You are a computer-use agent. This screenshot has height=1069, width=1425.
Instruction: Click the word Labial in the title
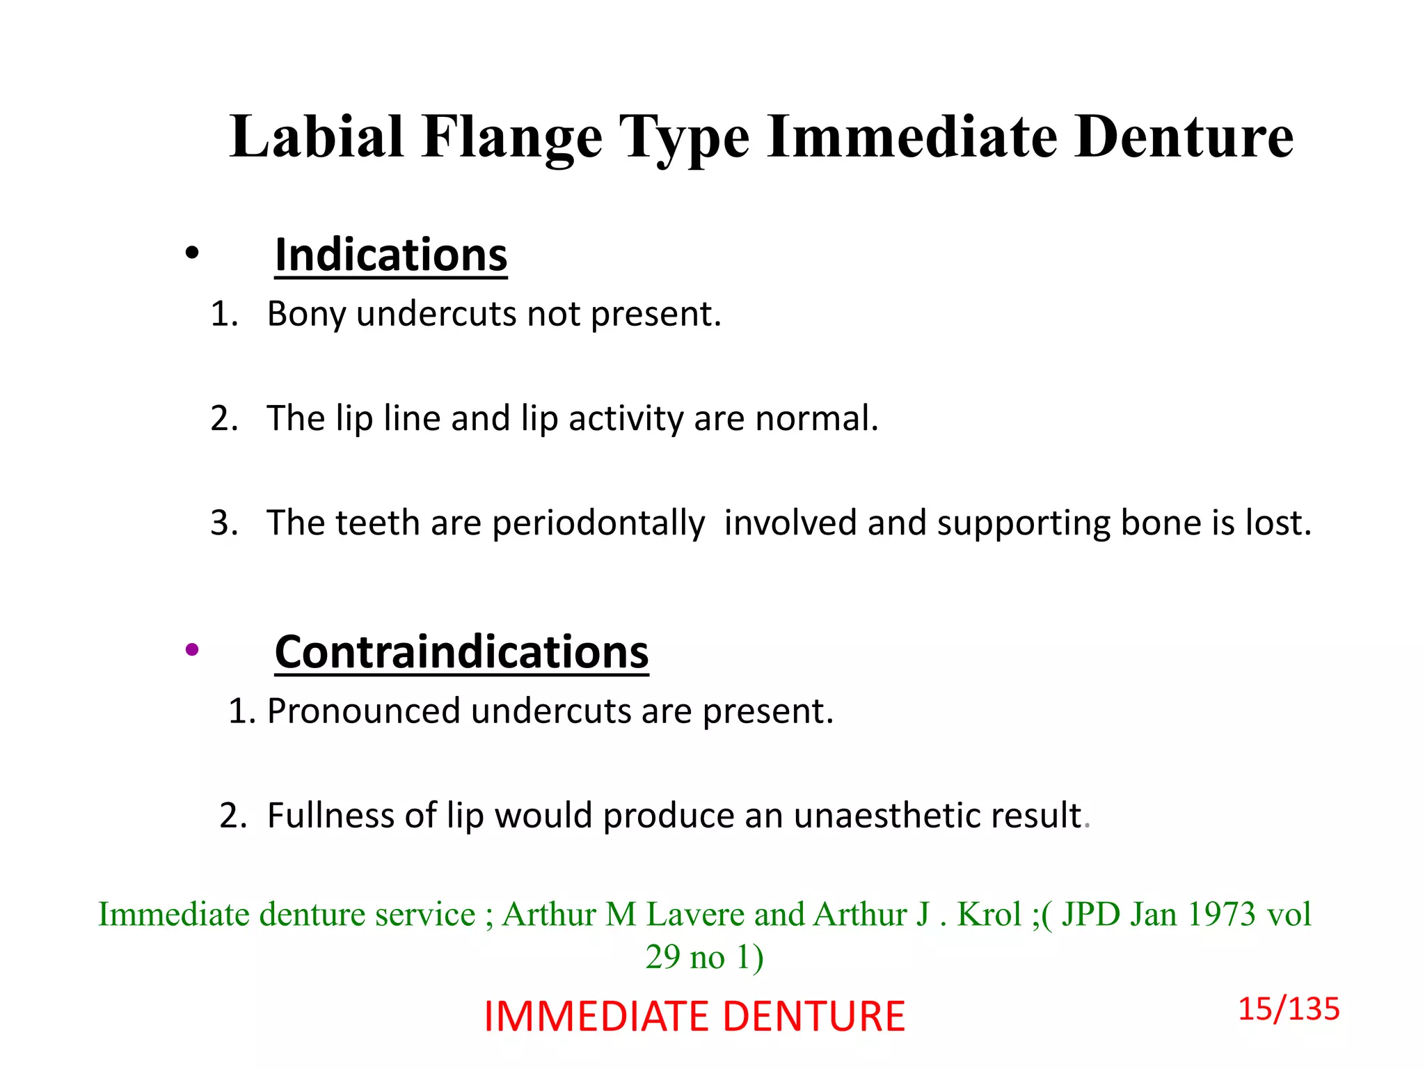317,136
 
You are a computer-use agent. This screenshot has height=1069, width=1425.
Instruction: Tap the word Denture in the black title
1183,136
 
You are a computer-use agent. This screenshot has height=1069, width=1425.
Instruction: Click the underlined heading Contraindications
461,652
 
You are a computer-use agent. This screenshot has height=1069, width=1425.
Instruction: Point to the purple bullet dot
192,650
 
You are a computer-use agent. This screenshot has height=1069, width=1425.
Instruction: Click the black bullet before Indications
192,253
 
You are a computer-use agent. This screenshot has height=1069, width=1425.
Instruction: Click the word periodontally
598,523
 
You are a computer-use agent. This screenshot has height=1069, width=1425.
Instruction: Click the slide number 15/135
1288,1008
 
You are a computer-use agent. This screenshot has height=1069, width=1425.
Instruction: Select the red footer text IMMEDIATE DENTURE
694,1016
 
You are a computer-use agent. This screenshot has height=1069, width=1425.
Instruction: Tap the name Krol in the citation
989,914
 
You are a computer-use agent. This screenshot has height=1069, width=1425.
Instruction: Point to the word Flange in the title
511,136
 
